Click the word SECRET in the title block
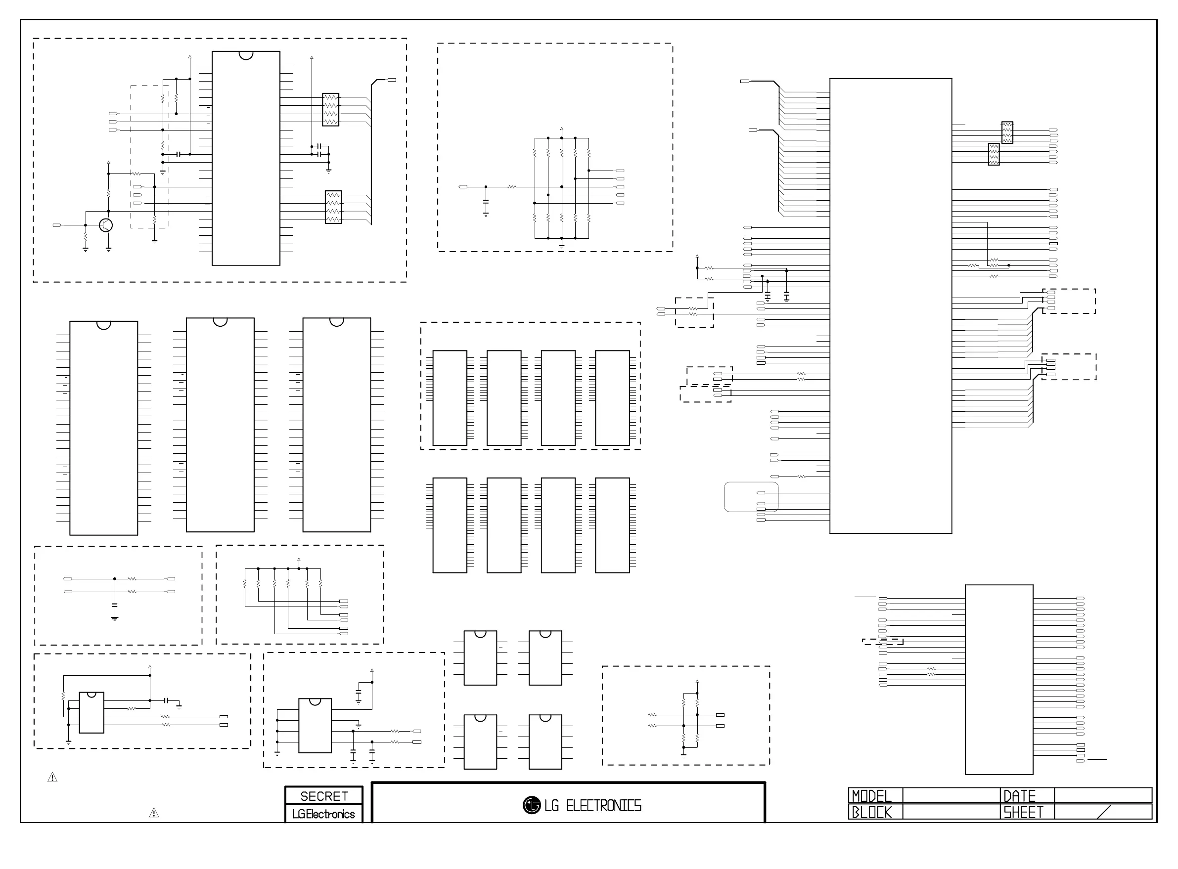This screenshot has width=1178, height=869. point(324,796)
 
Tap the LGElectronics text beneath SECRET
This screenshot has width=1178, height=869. point(323,814)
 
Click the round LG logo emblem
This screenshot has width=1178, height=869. point(532,805)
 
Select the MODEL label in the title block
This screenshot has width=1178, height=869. point(871,796)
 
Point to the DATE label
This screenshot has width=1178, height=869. point(1020,796)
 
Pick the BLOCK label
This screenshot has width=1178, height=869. point(871,812)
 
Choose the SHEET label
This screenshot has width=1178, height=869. point(1023,812)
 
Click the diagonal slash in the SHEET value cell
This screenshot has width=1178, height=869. point(1104,812)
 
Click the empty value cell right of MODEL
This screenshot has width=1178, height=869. point(951,795)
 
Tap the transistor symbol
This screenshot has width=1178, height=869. point(106,225)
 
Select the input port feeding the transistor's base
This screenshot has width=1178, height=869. point(57,225)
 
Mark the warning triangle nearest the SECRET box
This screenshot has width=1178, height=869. point(154,813)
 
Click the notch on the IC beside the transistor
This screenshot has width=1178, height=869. point(246,55)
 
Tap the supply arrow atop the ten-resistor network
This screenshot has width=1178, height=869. point(562,129)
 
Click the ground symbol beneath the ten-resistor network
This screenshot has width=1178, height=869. point(562,246)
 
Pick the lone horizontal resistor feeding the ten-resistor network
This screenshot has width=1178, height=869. point(512,187)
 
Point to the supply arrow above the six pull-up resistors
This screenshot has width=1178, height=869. point(299,560)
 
